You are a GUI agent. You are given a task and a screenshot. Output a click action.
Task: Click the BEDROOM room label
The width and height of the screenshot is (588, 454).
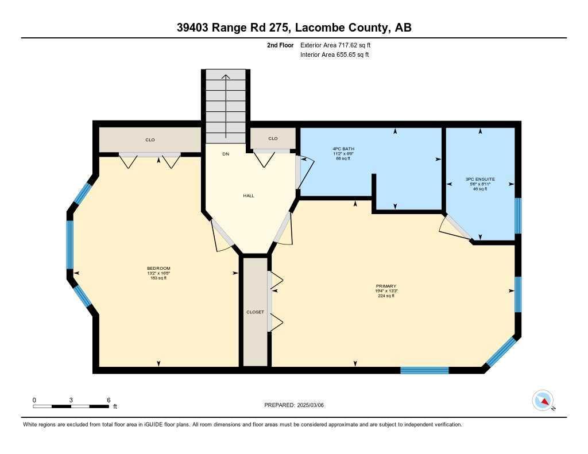tap(158, 268)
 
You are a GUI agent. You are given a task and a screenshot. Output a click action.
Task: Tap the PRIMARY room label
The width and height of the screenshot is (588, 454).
tap(386, 286)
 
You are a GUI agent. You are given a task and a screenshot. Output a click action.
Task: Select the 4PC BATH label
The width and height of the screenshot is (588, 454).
tap(343, 149)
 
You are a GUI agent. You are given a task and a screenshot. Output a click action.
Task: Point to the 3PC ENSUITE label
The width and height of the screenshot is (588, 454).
tap(480, 179)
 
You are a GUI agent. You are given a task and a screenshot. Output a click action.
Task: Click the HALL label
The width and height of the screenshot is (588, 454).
tap(249, 196)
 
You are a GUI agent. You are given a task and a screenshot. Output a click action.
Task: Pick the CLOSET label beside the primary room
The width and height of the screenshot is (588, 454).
tap(256, 312)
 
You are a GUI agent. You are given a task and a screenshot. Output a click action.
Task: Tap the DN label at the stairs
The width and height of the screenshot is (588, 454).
tap(226, 154)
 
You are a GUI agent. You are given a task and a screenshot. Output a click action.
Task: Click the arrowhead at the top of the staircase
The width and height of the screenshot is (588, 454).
tap(226, 77)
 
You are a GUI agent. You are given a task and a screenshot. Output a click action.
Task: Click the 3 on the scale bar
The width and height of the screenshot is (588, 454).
tap(71, 400)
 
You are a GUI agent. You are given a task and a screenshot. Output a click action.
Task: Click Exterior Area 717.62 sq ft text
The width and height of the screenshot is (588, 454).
tap(335, 45)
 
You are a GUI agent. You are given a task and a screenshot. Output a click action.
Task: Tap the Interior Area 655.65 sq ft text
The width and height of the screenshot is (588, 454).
tap(335, 55)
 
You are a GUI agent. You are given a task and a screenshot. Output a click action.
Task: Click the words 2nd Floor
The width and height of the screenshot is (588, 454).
tap(280, 45)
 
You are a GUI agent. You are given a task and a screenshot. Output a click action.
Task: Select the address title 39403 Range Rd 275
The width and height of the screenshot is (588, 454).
tap(233, 28)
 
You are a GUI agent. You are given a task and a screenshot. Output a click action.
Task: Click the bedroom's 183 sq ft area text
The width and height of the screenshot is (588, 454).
tap(158, 278)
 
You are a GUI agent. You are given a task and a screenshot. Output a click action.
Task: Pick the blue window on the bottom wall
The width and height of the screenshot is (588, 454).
tap(424, 370)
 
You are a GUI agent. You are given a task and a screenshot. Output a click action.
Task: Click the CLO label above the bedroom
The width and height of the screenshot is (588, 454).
tap(150, 140)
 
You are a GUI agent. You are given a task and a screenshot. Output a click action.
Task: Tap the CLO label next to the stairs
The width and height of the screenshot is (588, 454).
tap(273, 138)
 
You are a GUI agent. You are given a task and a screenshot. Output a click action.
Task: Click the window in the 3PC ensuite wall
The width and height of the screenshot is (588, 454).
tap(518, 216)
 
